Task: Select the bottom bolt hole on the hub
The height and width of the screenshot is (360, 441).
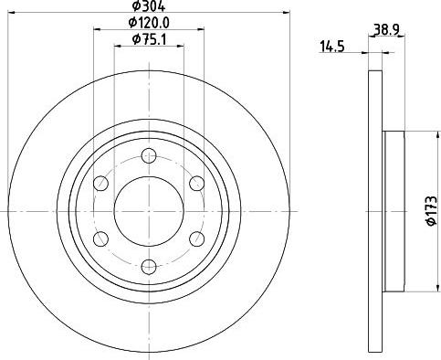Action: point(147,267)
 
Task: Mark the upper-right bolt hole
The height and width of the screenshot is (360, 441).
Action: point(194,184)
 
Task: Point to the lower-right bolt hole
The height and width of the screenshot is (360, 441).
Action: point(194,239)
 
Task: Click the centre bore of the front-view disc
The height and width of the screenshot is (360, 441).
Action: point(147,211)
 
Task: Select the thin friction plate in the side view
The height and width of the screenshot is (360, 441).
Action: point(374,211)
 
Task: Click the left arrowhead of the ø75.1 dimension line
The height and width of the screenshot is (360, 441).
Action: point(117,47)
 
